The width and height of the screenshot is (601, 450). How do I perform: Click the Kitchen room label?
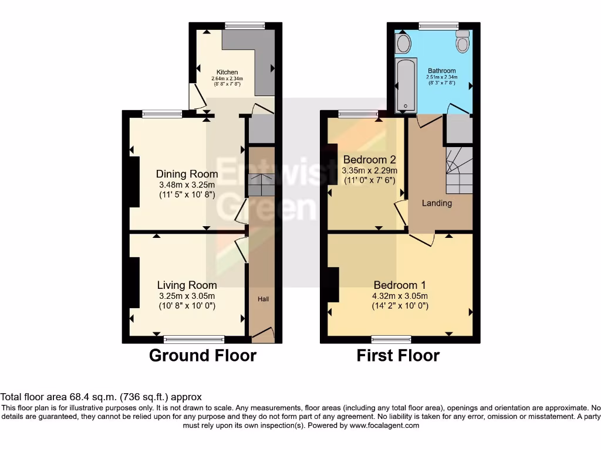(227, 72)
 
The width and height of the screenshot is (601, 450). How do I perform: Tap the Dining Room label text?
(187, 174)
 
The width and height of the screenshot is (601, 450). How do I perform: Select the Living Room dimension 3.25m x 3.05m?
(187, 295)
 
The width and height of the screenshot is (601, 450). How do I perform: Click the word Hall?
(263, 299)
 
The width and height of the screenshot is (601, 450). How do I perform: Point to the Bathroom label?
(441, 71)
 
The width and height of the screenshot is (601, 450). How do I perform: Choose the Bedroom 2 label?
(369, 160)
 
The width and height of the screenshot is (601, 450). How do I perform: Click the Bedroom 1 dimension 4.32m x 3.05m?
(400, 296)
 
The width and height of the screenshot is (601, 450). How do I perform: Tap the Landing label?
(437, 203)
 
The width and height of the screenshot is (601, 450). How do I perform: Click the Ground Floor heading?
(202, 356)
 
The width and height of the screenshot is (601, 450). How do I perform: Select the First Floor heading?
(398, 356)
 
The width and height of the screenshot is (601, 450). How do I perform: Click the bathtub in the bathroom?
(406, 85)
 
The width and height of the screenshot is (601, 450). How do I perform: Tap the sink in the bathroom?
(403, 42)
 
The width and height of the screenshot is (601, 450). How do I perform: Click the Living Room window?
(194, 339)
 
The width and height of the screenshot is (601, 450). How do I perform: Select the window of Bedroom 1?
(391, 339)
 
